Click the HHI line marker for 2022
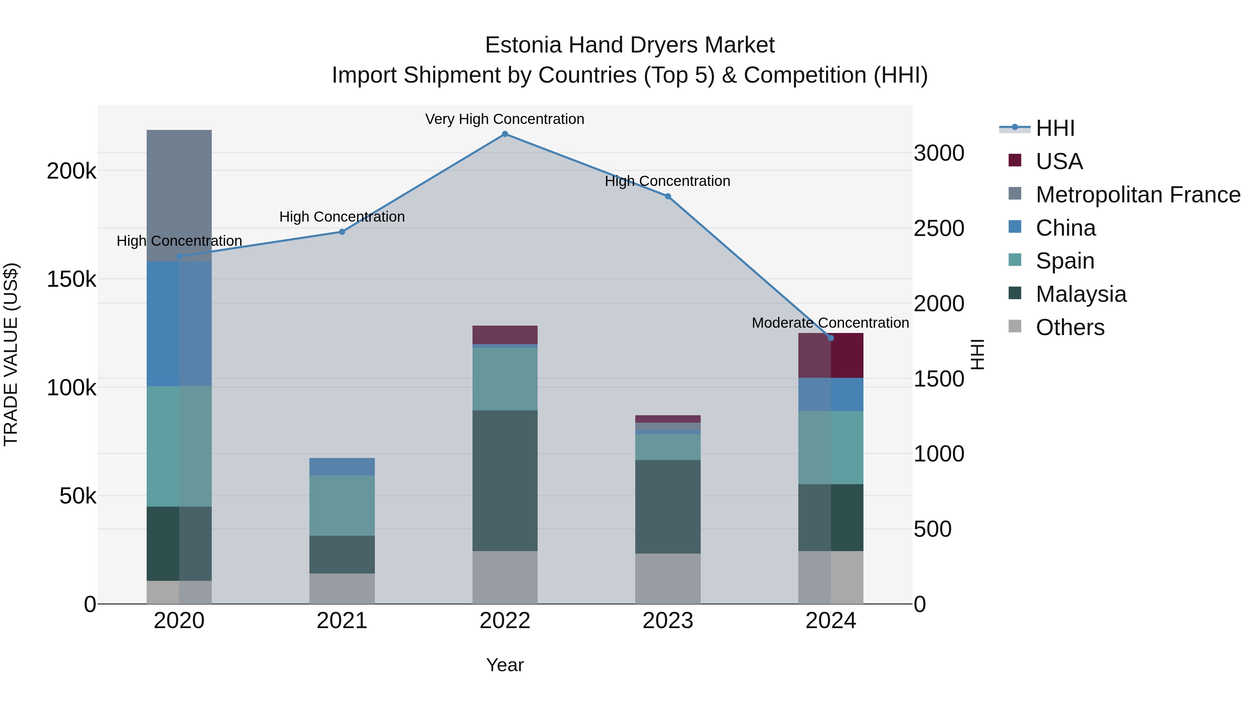[505, 134]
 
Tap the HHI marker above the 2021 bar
[342, 232]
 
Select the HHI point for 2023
[668, 196]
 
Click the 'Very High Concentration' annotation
[504, 119]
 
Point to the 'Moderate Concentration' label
[830, 323]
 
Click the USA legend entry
[1059, 161]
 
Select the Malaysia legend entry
[1081, 294]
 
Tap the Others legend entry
[1070, 327]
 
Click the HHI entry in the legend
[1055, 128]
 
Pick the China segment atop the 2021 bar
[342, 467]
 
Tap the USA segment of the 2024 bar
[831, 356]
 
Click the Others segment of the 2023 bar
[668, 578]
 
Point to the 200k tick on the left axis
[71, 171]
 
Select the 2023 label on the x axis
[668, 621]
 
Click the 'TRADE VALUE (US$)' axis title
[11, 354]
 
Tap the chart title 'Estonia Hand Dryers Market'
[630, 45]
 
